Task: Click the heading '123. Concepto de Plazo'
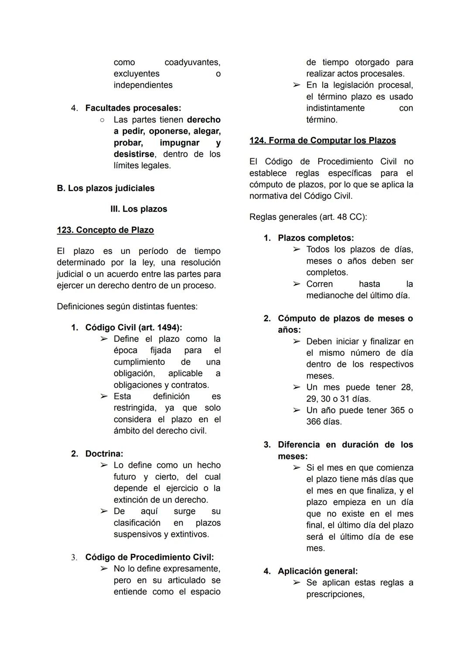point(105,230)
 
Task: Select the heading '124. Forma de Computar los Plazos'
point(322,140)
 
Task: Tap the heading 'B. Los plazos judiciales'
point(106,188)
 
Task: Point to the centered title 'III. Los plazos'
point(139,209)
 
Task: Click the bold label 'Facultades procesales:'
point(133,108)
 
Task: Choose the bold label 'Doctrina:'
point(104,454)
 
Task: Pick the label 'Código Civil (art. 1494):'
point(133,327)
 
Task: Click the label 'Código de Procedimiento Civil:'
point(149,557)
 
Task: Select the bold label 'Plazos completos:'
point(316,238)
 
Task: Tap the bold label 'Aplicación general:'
point(317,571)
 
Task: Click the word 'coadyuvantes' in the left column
point(192,62)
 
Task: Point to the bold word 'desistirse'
point(134,154)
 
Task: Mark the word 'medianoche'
point(330,295)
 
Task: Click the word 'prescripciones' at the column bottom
point(334,594)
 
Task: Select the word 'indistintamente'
point(335,108)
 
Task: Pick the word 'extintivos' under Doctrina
point(190,534)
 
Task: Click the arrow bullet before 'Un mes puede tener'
point(297,387)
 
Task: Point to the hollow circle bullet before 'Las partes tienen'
point(102,119)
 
